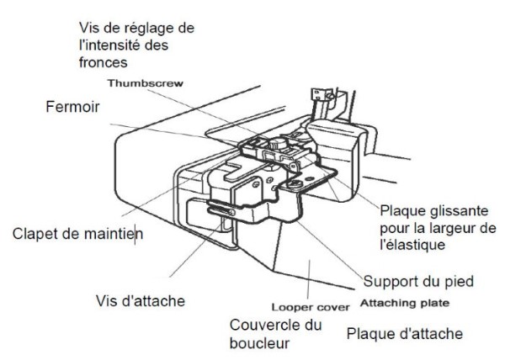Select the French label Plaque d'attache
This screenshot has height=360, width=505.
405,334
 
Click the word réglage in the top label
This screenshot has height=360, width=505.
145,28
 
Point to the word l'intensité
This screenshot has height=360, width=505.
105,45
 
